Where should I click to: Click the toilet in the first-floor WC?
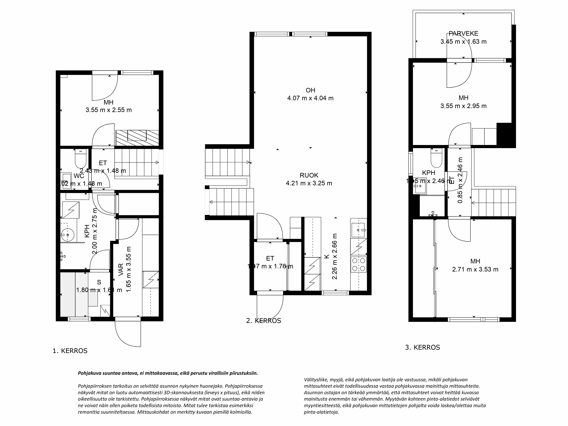coord(80,159)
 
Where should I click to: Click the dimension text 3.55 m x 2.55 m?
coord(109,110)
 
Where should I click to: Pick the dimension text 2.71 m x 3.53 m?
coord(475,269)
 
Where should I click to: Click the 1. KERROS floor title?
coord(70,351)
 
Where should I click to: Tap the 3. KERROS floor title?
coord(422,347)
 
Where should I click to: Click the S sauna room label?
coord(99,282)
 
